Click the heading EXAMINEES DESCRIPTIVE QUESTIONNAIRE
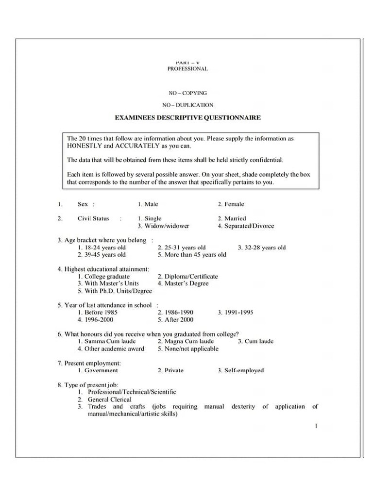tap(187, 117)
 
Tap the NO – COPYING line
tap(187, 93)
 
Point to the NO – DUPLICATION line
tap(187, 105)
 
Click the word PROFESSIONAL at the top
tap(187, 69)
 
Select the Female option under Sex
tap(231, 204)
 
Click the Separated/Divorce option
tap(246, 226)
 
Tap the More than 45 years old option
tap(192, 254)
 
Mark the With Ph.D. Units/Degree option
tap(115, 291)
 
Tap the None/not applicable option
tap(188, 348)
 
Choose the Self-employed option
tap(241, 370)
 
